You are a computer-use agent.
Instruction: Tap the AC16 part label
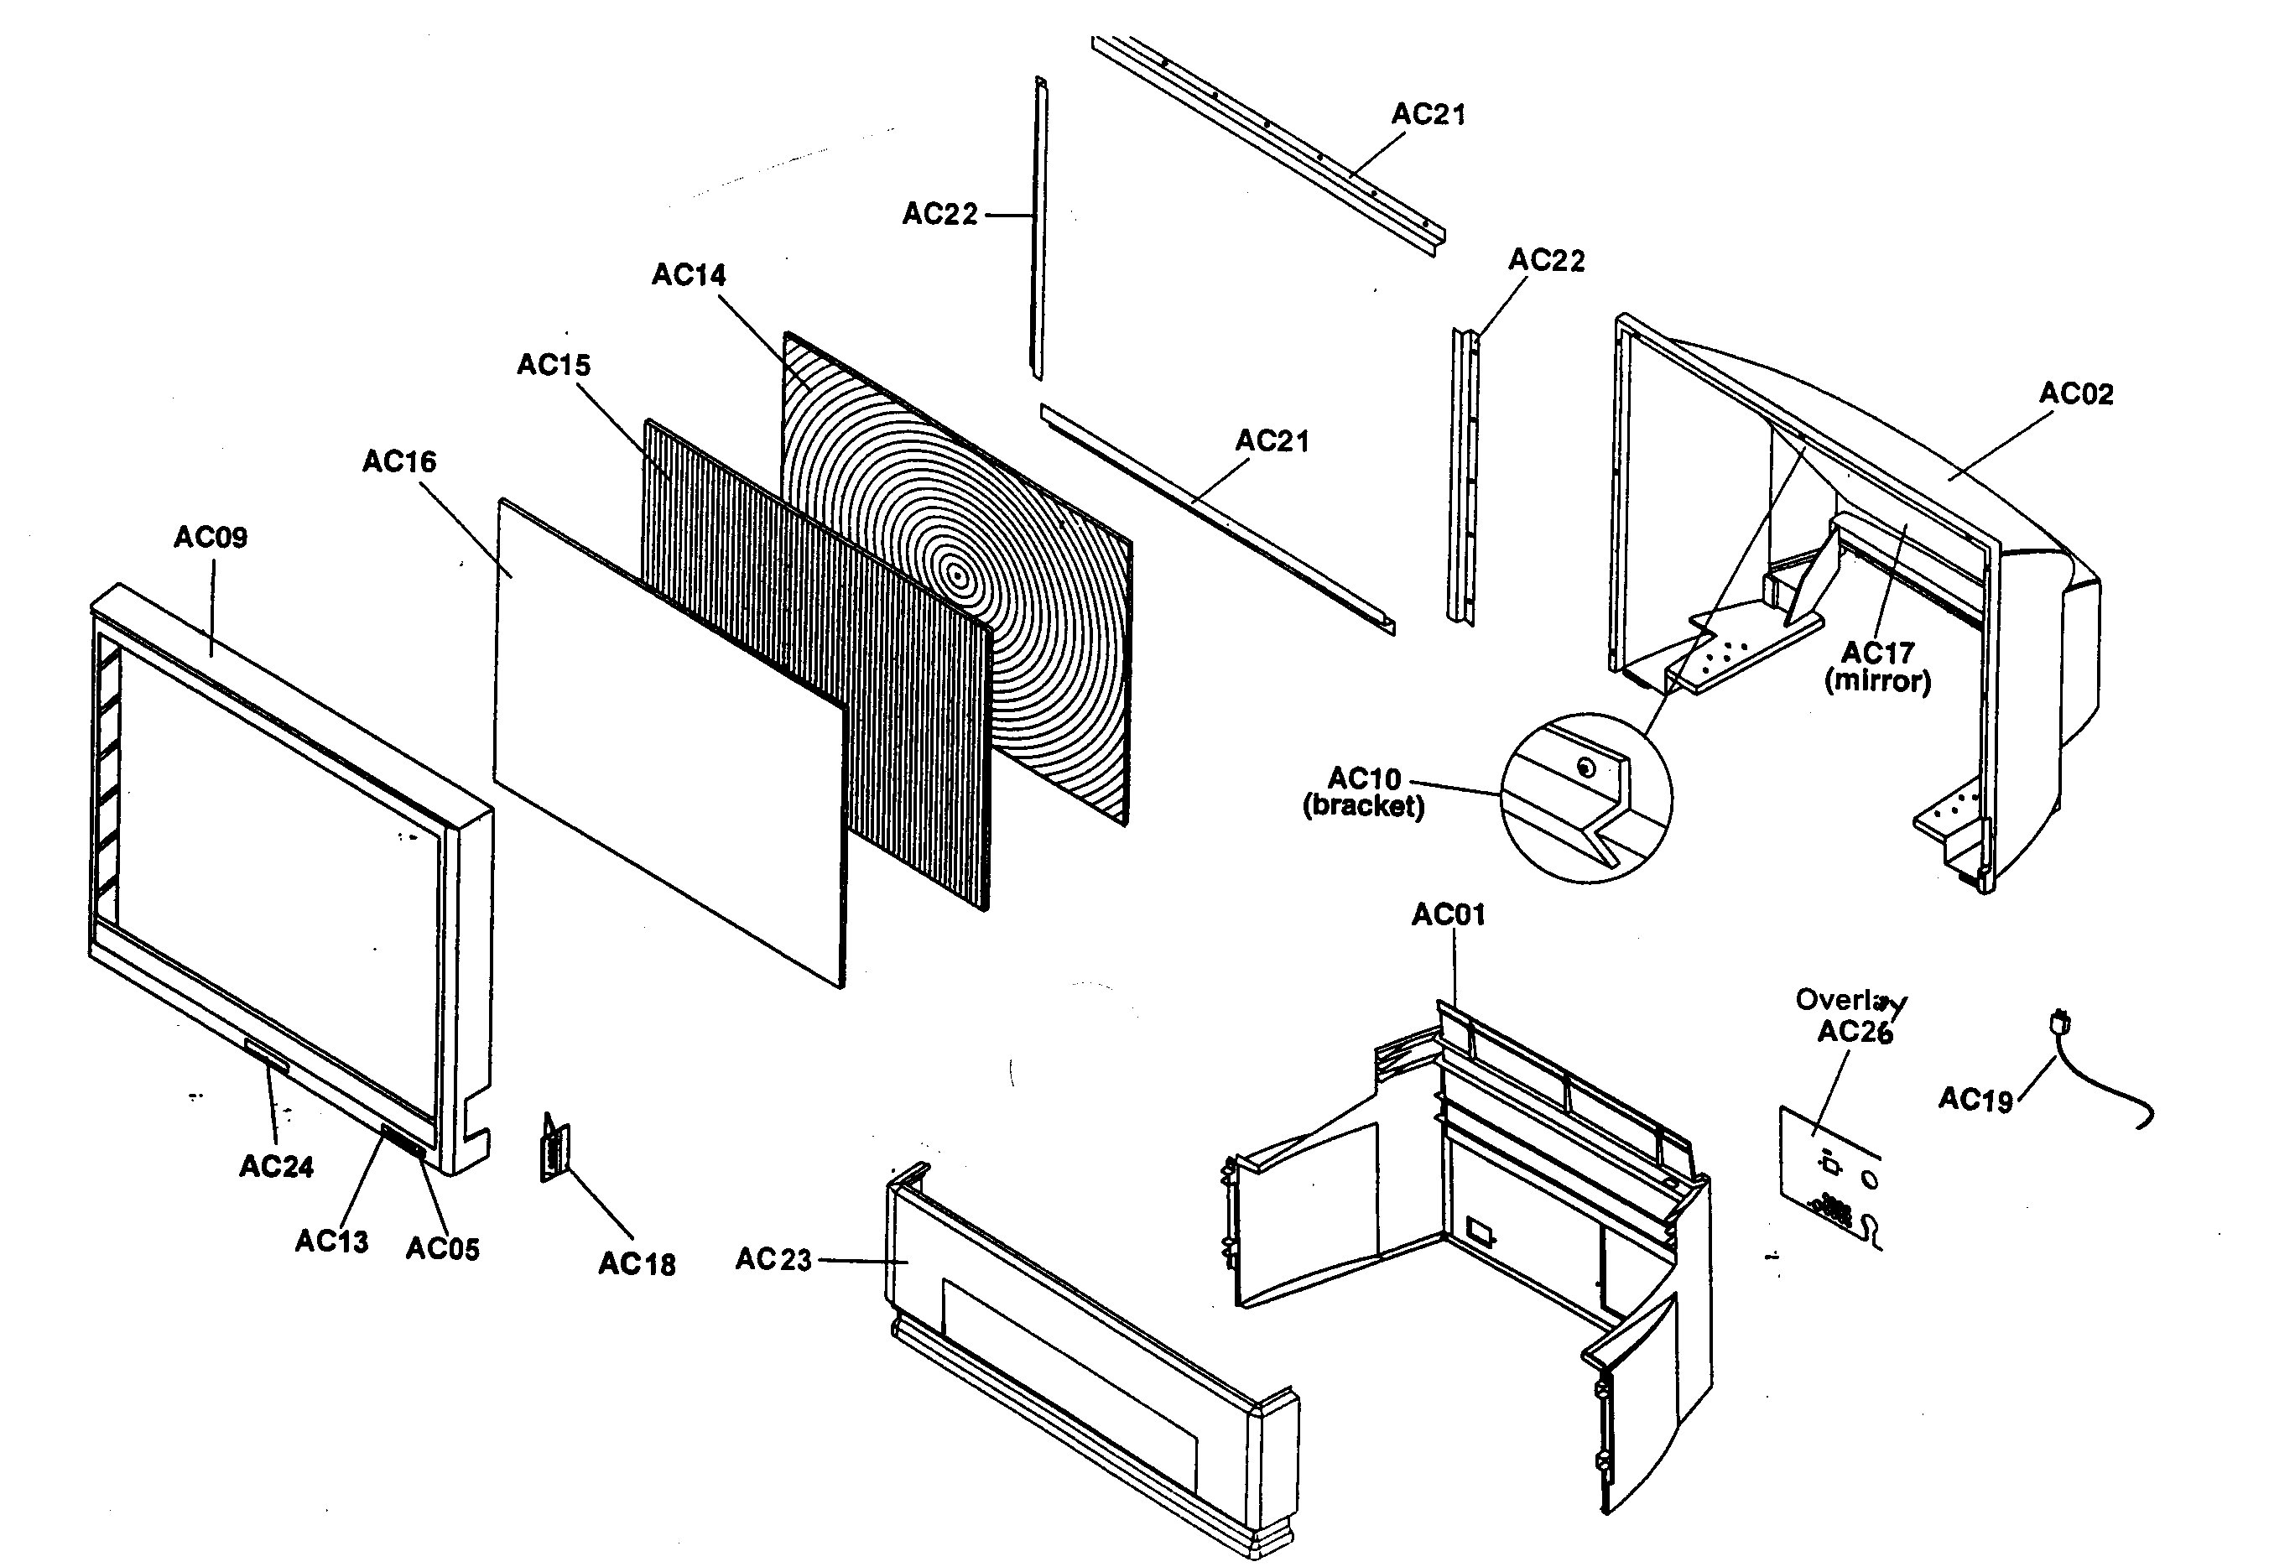coord(398,461)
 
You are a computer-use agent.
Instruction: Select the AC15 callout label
coord(554,365)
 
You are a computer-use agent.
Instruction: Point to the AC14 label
coord(689,275)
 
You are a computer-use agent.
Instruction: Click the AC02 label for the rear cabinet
coord(2075,393)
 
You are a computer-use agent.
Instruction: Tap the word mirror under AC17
coord(1877,681)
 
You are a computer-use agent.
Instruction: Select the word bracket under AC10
coord(1363,806)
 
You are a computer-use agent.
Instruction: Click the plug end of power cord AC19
coord(2060,1023)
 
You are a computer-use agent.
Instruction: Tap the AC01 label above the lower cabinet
coord(1448,915)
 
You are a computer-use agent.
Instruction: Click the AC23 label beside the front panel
coord(773,1260)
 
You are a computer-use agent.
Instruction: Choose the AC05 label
coord(442,1249)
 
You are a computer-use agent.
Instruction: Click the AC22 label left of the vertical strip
coord(939,214)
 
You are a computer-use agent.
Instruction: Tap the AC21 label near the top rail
coord(1428,115)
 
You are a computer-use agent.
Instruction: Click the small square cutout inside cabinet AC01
coord(1480,1231)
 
